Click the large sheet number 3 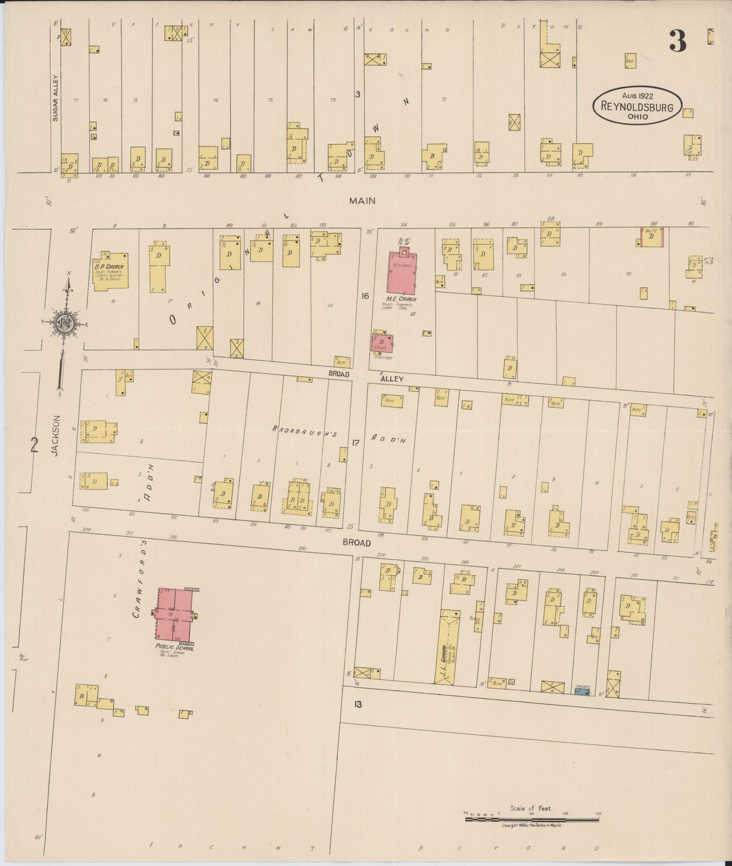pyautogui.click(x=677, y=42)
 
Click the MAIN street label pyautogui.click(x=362, y=201)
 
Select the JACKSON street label pyautogui.click(x=56, y=436)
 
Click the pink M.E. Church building pyautogui.click(x=402, y=273)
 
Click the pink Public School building pyautogui.click(x=175, y=614)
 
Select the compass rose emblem pyautogui.click(x=66, y=323)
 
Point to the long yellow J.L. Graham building pyautogui.click(x=447, y=647)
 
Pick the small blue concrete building pyautogui.click(x=583, y=691)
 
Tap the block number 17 pyautogui.click(x=356, y=443)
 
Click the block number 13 pyautogui.click(x=358, y=704)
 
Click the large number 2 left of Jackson pyautogui.click(x=34, y=445)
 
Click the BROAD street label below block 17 pyautogui.click(x=356, y=542)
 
